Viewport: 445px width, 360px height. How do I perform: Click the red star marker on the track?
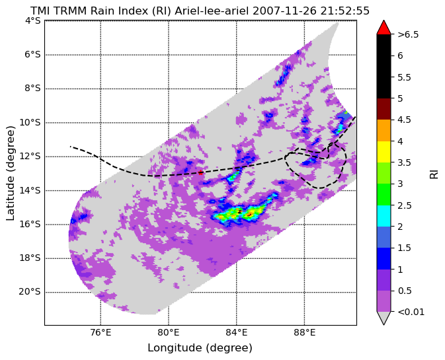coord(200,172)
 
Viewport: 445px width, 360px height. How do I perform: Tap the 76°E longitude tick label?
coord(101,332)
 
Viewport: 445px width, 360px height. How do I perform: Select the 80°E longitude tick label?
coord(169,332)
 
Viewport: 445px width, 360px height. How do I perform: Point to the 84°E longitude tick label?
coord(237,332)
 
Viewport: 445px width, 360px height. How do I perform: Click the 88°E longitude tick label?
coord(305,332)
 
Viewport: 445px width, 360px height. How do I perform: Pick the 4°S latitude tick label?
coord(33,20)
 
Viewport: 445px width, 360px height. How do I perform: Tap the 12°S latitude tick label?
coord(30,157)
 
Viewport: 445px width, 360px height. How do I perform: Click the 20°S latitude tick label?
coord(30,292)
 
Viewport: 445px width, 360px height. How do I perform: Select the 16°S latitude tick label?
coord(30,224)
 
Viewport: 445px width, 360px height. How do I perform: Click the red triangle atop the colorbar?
coord(384,28)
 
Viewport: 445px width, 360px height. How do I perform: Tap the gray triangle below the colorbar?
coord(384,318)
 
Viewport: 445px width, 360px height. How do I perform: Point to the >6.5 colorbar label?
coord(408,34)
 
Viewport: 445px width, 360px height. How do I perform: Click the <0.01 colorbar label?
coord(411,312)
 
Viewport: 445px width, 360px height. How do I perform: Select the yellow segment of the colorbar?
coord(384,152)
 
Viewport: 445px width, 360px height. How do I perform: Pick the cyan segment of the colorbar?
coord(384,216)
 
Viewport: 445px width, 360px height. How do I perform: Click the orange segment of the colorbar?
coord(384,130)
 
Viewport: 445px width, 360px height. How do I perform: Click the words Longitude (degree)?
coord(200,348)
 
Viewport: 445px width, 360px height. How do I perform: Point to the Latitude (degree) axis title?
coord(10,173)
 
